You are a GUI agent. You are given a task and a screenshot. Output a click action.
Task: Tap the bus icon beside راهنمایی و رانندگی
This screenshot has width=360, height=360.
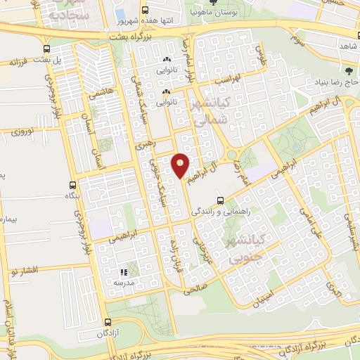click(221, 200)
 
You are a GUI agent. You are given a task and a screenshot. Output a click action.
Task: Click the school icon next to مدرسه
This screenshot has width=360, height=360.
click(124, 271)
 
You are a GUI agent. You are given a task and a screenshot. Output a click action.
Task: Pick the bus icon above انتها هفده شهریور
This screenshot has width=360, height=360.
click(145, 11)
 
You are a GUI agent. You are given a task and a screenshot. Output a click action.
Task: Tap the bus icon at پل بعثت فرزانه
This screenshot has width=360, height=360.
click(46, 49)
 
